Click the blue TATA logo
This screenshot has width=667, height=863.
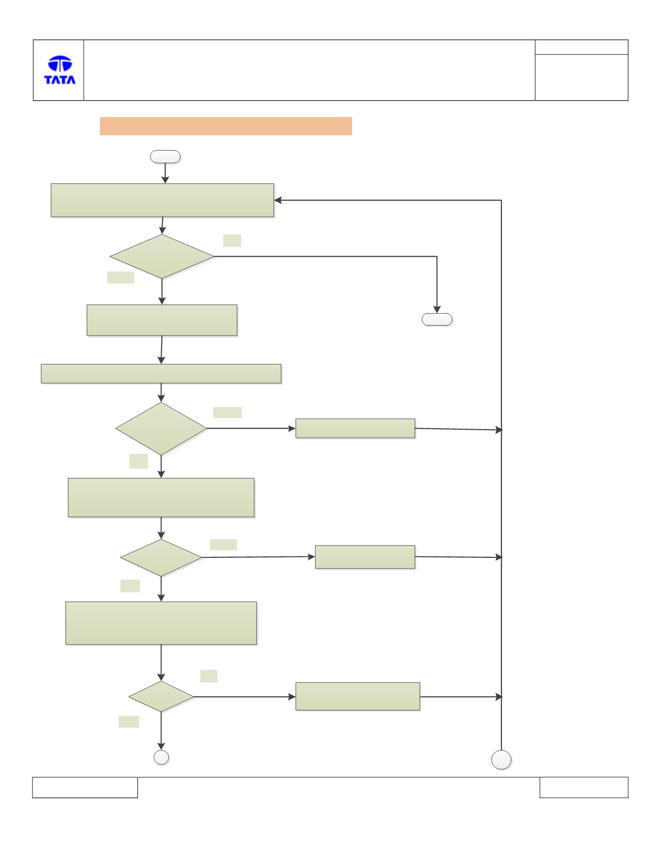[x=60, y=70]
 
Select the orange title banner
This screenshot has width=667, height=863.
[x=226, y=126]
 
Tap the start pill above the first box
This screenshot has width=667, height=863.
[x=166, y=157]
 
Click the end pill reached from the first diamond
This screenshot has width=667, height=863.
[x=437, y=320]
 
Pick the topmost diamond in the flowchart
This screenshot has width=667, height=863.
[x=162, y=256]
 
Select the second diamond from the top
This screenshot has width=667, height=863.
[x=161, y=428]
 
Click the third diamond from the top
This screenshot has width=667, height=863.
[x=161, y=557]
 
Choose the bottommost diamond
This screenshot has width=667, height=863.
[x=161, y=696]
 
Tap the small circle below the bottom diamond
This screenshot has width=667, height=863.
[x=162, y=757]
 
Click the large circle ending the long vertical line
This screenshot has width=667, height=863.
[x=501, y=760]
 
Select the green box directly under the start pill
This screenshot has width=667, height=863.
[x=163, y=200]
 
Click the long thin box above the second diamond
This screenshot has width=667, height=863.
[x=161, y=373]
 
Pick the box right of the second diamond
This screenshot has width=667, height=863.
[x=355, y=428]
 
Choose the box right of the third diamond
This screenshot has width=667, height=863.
[x=365, y=557]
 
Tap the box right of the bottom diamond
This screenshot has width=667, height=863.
[x=358, y=696]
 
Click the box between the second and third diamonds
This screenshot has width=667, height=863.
[x=161, y=498]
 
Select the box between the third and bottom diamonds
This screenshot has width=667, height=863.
[x=161, y=623]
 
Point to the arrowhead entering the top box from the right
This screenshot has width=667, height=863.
[x=278, y=200]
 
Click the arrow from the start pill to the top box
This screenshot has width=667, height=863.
[x=166, y=173]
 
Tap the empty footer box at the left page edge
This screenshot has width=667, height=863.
[x=85, y=787]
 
